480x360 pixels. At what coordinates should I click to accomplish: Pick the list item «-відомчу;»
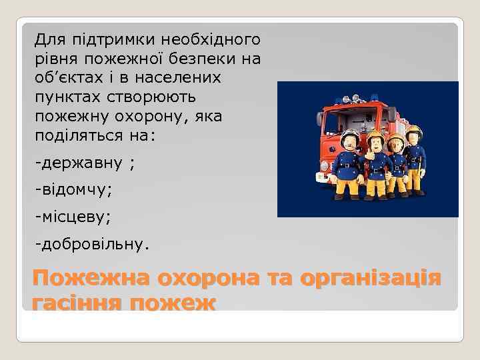click(x=74, y=190)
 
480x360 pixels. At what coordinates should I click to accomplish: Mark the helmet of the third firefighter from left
click(x=397, y=139)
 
